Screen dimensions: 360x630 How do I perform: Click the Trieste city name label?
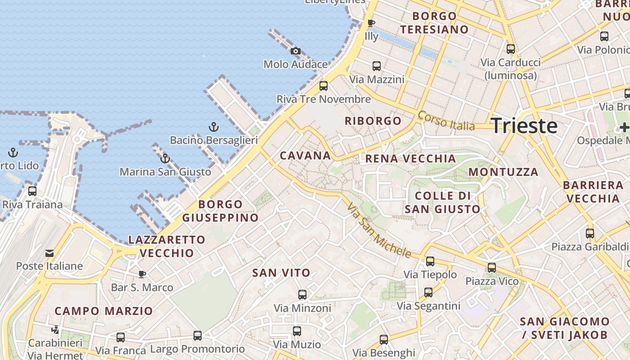click(524, 126)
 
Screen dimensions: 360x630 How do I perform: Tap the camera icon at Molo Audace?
click(295, 51)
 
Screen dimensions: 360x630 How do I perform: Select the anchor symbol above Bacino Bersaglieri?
click(214, 127)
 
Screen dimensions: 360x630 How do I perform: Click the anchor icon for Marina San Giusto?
click(165, 158)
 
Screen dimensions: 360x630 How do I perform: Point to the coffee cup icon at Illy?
click(371, 23)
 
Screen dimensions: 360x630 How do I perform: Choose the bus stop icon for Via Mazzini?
click(377, 66)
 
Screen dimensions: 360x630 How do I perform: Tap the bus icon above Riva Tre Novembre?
click(324, 85)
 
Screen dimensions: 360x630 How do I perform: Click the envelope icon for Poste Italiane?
click(49, 253)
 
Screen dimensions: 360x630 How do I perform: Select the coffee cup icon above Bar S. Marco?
click(142, 274)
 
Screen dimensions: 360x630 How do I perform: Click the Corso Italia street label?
click(446, 120)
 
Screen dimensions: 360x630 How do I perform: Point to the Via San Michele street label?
click(379, 230)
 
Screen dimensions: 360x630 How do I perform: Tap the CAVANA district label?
click(305, 156)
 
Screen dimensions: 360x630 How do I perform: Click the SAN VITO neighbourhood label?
click(281, 273)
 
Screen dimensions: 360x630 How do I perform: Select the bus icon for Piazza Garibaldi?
click(589, 234)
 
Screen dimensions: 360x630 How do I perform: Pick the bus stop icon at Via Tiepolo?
click(430, 261)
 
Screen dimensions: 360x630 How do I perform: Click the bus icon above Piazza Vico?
click(491, 268)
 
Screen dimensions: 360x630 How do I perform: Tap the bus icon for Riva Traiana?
click(32, 191)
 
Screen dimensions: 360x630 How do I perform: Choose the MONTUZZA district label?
click(503, 172)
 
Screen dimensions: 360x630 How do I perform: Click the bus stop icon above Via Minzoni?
click(302, 295)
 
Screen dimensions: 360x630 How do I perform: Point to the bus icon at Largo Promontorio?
click(197, 335)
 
